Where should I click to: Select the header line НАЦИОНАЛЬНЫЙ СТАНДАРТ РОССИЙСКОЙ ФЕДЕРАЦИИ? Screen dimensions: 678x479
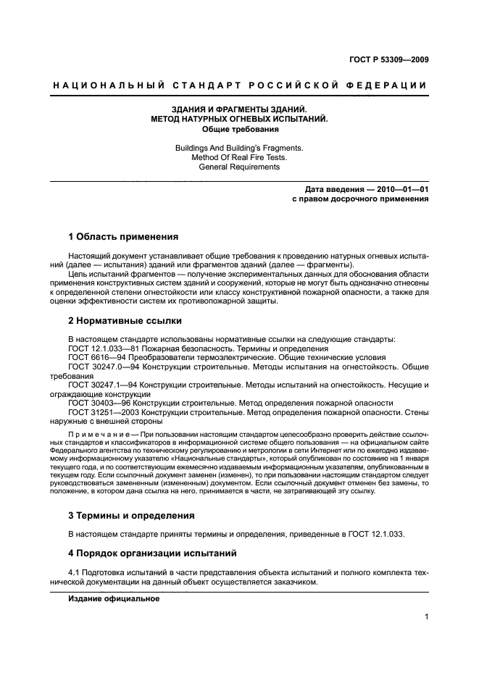239,86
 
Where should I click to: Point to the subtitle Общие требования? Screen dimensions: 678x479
239,130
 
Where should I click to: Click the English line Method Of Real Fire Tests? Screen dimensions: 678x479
239,157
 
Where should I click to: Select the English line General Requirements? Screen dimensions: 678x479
239,167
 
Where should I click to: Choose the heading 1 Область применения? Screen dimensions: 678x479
123,236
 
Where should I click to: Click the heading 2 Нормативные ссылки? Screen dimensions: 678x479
125,320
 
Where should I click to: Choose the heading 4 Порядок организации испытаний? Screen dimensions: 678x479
153,553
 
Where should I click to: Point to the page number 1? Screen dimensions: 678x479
426,618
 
